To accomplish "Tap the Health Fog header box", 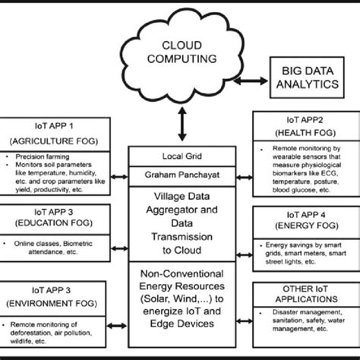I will pos(305,130).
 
